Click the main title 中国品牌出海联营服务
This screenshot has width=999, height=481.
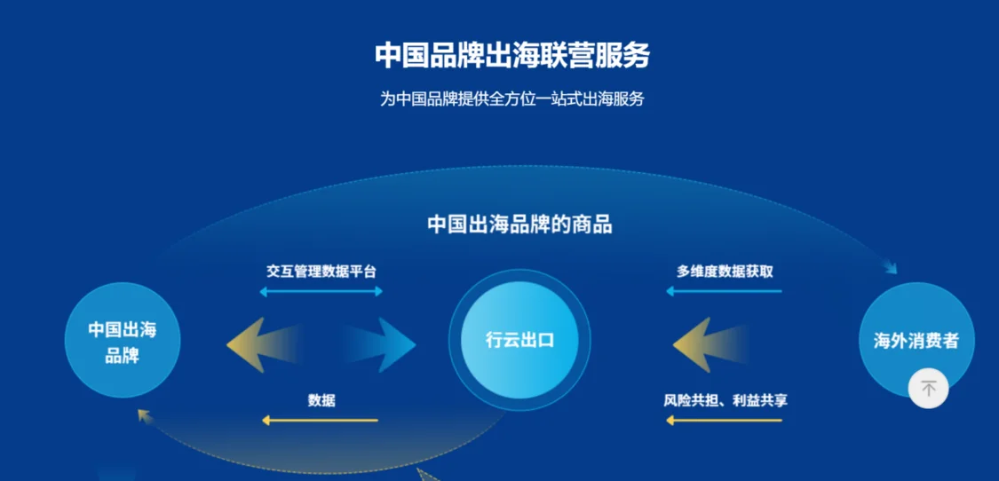tap(511, 56)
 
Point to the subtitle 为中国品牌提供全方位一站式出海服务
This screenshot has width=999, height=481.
tap(511, 99)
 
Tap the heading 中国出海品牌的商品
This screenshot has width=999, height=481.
tap(519, 225)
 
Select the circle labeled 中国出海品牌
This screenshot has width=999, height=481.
tap(123, 340)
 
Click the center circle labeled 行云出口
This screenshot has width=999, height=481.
tap(519, 340)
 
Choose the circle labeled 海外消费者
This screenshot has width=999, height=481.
tap(916, 340)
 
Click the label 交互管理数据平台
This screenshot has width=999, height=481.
tap(321, 272)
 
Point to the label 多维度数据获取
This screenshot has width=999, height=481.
tap(725, 272)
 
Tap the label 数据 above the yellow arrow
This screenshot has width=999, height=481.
tap(321, 401)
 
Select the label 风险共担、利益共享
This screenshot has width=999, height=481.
tap(725, 401)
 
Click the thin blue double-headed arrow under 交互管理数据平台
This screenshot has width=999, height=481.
tap(321, 292)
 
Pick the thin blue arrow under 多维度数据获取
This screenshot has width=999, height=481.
tap(724, 292)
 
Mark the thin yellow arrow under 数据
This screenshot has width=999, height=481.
tap(320, 421)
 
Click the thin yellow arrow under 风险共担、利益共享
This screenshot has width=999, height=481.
tap(724, 421)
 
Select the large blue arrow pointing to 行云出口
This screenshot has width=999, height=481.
tap(382, 344)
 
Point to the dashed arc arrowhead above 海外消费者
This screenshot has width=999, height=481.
tap(890, 267)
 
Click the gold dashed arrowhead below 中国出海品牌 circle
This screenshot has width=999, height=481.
tap(144, 416)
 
